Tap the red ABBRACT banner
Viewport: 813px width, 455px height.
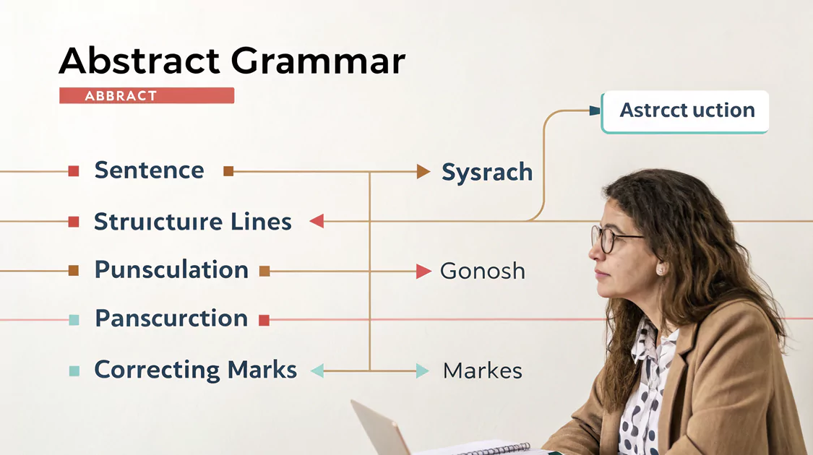(x=147, y=95)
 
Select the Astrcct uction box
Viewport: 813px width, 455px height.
(x=685, y=112)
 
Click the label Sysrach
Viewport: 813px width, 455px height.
(x=487, y=173)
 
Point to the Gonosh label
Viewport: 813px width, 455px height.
(x=483, y=271)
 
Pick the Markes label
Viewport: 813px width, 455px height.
(x=483, y=370)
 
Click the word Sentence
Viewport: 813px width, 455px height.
(x=150, y=170)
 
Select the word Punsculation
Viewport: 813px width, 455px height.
(x=171, y=269)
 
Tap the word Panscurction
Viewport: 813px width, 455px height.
(x=171, y=318)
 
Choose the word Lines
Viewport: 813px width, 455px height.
(x=261, y=221)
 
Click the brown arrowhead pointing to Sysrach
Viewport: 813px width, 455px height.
(x=423, y=171)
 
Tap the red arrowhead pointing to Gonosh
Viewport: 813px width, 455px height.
(x=423, y=271)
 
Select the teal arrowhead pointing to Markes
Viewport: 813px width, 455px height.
(x=423, y=370)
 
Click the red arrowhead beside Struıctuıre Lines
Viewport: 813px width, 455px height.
(x=317, y=221)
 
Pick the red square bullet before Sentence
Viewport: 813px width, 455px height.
(x=74, y=171)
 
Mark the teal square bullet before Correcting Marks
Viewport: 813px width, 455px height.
(x=74, y=371)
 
